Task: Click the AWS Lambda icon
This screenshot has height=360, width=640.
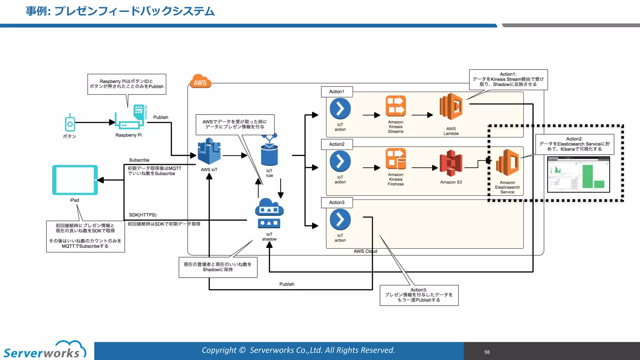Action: [x=451, y=107]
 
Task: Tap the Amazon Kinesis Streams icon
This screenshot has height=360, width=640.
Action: [x=396, y=106]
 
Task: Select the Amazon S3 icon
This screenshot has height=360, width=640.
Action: [x=451, y=163]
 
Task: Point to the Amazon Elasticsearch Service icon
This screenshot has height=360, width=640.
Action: [x=507, y=162]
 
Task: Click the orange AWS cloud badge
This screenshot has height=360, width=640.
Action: [x=200, y=82]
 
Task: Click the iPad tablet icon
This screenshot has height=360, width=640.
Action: [x=75, y=180]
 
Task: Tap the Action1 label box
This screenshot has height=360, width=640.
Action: [x=337, y=92]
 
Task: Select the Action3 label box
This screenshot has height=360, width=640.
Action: [x=337, y=202]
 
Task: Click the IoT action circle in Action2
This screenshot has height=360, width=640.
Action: [x=340, y=161]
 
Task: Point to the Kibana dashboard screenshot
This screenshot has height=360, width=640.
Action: [x=578, y=174]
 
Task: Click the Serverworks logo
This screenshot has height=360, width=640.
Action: [x=44, y=350]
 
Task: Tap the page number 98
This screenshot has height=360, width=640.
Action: [x=487, y=352]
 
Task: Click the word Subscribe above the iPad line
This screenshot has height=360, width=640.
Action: [x=139, y=160]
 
